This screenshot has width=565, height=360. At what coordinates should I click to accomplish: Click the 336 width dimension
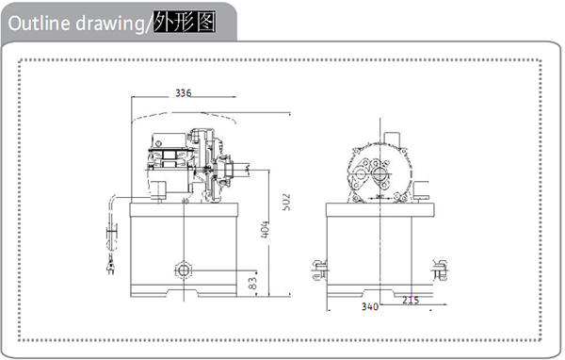183,93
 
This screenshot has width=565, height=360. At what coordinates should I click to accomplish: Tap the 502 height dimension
286,203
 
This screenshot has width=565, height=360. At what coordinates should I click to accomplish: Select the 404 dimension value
265,229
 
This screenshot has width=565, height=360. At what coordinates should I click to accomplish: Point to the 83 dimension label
253,283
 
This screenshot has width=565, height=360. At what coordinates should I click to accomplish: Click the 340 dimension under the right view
370,306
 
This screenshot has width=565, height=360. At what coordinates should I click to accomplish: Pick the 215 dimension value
411,300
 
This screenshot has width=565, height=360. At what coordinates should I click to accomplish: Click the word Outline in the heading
39,23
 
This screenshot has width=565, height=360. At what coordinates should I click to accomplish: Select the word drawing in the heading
110,24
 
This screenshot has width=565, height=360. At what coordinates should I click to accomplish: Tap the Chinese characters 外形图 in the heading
185,22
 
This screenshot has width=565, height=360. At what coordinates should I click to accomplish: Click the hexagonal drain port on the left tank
184,270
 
